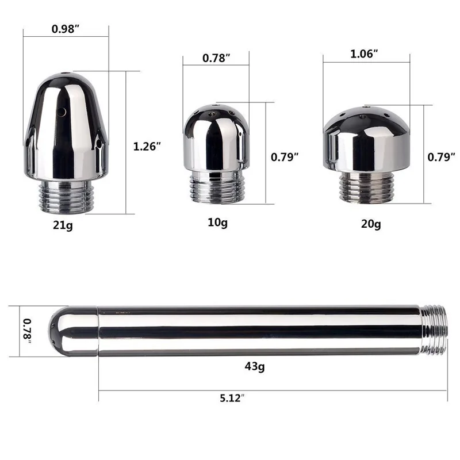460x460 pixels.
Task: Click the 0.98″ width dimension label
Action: [66, 29]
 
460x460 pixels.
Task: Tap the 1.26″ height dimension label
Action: [147, 147]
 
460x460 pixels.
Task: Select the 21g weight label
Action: [63, 225]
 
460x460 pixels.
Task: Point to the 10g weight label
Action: [217, 223]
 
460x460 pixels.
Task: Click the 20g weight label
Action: [371, 224]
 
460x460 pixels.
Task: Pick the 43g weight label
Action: [255, 366]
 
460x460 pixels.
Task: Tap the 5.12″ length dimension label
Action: [232, 398]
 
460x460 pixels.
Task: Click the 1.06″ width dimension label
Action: [364, 53]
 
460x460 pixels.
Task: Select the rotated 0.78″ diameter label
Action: [28, 332]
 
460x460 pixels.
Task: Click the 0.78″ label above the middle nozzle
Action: [216, 58]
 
